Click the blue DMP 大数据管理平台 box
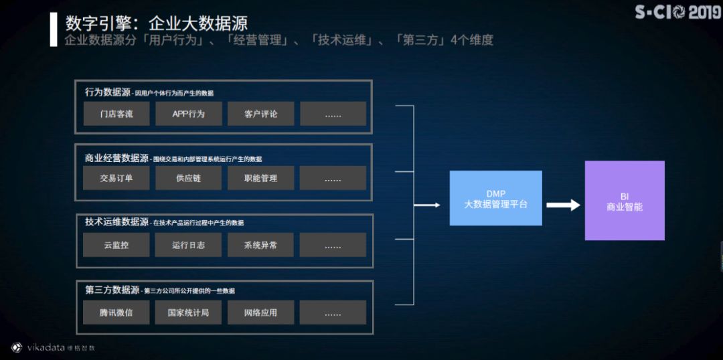(x=495, y=198)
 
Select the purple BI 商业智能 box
(x=624, y=201)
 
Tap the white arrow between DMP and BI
(x=563, y=205)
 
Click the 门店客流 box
(x=116, y=114)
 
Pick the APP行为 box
(x=188, y=114)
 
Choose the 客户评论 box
(x=260, y=114)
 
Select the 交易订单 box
(x=116, y=178)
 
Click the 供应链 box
(x=188, y=178)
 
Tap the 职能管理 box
(x=260, y=178)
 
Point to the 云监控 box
(x=116, y=245)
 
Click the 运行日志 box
(x=188, y=245)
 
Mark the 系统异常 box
(x=260, y=245)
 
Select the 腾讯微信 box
(x=116, y=312)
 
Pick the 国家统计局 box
(x=188, y=312)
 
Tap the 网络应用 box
(x=260, y=312)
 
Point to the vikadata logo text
(x=44, y=348)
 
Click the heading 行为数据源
(x=108, y=92)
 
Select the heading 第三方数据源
(x=112, y=290)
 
